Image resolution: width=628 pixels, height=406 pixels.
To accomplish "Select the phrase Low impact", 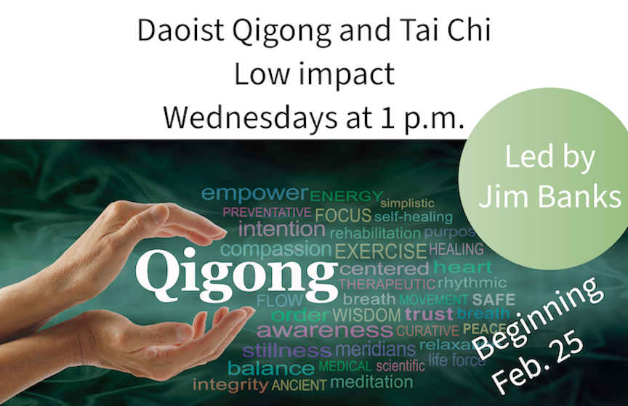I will point(314,73).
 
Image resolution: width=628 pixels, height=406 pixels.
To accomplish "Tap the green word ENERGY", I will point(346,195).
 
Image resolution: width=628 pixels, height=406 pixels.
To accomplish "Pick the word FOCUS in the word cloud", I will point(343,215).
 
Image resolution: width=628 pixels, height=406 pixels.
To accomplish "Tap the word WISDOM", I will point(366,315).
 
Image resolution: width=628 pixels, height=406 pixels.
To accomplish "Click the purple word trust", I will point(429,314).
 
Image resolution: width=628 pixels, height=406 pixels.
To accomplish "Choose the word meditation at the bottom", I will point(371,381).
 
